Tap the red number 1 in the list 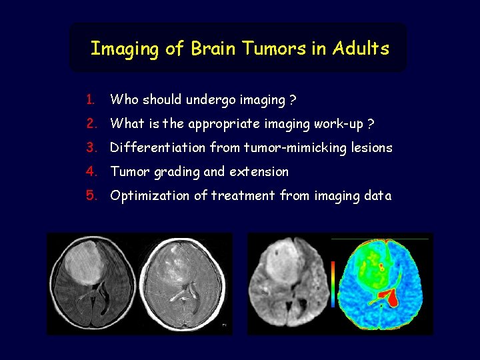(90, 100)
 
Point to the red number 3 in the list (91, 148)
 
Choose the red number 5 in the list (91, 196)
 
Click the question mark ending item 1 (293, 100)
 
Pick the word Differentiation (157, 148)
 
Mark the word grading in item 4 (177, 173)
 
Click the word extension (259, 172)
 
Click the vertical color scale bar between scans (333, 282)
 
